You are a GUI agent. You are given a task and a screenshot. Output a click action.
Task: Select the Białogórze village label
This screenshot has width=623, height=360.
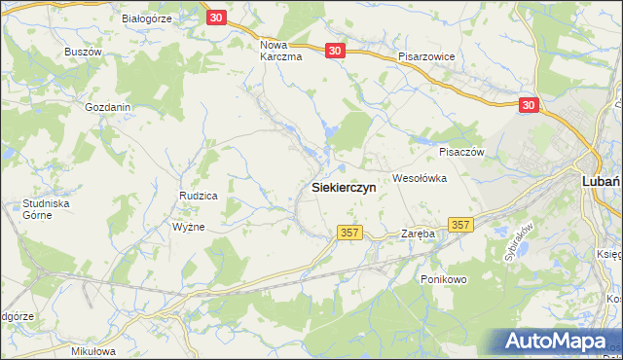[x=146, y=18]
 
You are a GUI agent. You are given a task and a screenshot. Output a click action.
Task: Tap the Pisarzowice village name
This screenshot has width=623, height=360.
[x=426, y=57]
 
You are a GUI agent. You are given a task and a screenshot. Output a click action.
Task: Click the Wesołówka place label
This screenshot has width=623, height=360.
[x=419, y=178]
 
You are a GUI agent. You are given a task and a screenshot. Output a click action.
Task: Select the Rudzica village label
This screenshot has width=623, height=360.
[x=198, y=196]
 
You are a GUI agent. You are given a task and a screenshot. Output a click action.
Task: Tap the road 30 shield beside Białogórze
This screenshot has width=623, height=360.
[x=216, y=18]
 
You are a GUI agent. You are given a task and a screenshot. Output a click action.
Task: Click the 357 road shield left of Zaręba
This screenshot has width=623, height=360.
[x=350, y=233]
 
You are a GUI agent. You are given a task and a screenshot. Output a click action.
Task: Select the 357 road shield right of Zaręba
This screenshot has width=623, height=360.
[x=460, y=225]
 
